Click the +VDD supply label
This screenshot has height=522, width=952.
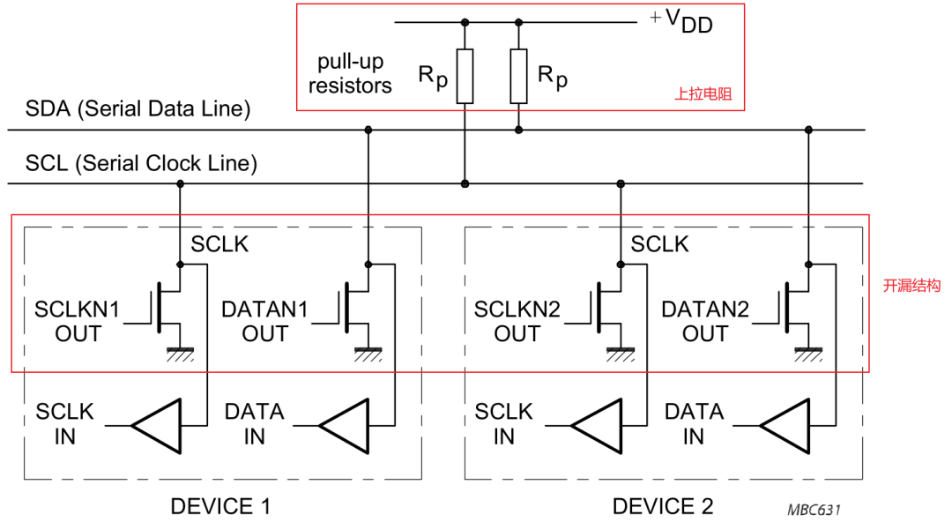(681, 22)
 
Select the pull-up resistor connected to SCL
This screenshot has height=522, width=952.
(465, 76)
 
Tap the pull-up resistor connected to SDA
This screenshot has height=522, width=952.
(518, 76)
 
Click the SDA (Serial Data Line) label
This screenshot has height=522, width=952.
(138, 110)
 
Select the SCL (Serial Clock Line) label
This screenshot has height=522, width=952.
(141, 163)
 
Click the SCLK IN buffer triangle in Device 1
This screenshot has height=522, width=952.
(157, 425)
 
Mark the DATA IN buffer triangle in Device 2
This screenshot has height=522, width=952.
(785, 425)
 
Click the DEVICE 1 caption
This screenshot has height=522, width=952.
(220, 506)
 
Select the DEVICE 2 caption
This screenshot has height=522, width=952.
(662, 506)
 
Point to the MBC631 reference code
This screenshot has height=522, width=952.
(815, 510)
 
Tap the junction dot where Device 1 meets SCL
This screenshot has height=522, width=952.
(180, 183)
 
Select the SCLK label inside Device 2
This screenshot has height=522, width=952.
(659, 244)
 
